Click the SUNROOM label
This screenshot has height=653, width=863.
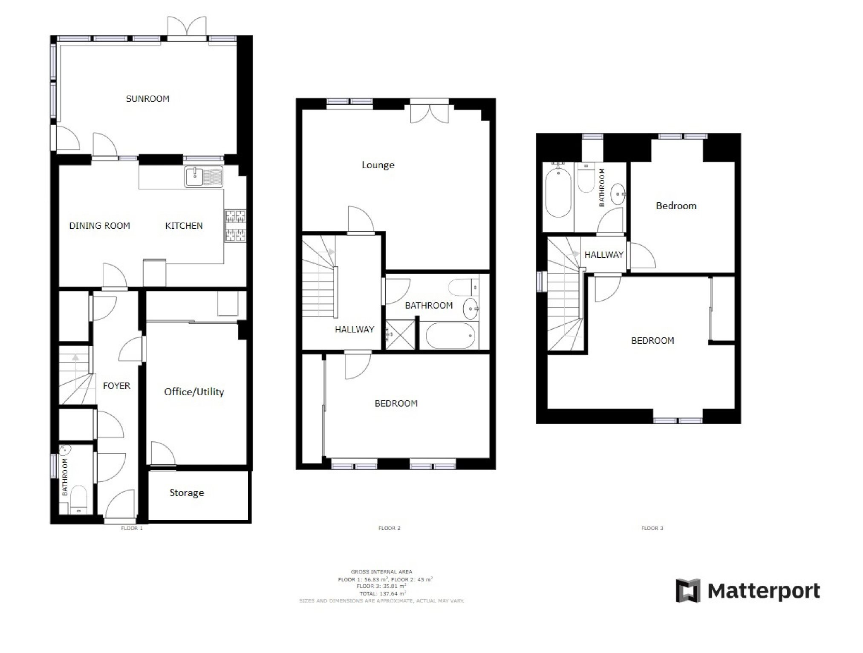[147, 99]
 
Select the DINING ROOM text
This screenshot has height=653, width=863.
[100, 226]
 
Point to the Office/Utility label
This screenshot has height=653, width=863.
[194, 392]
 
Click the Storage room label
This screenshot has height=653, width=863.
[187, 493]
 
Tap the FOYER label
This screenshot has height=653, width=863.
[116, 386]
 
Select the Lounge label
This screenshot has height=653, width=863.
[378, 165]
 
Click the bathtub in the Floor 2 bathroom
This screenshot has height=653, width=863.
[450, 336]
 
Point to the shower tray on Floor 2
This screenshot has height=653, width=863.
[400, 335]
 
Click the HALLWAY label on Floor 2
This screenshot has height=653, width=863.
[354, 329]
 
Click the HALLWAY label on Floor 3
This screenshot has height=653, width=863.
[604, 255]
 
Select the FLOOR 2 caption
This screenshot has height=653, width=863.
[389, 528]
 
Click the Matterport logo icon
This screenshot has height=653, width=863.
[688, 591]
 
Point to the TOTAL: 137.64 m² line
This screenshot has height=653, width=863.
[382, 593]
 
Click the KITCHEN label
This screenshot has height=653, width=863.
[184, 226]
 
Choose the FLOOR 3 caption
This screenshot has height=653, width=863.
[652, 528]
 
